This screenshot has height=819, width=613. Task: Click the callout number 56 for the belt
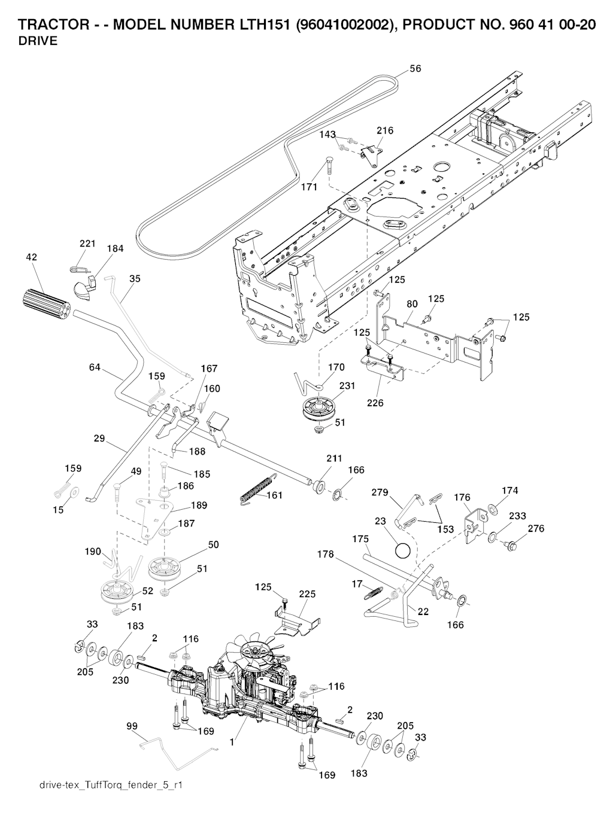pos(415,69)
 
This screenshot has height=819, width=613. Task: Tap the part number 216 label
pos(385,130)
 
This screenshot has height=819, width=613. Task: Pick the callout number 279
pos(380,493)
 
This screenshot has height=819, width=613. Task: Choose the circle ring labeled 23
pos(404,549)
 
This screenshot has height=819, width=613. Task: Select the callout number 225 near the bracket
pos(306,594)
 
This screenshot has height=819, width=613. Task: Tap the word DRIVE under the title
pos(38,41)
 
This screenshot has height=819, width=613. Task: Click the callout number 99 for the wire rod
pos(132,726)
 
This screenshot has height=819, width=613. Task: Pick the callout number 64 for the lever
pos(95,367)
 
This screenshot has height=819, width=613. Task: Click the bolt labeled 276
pos(511,546)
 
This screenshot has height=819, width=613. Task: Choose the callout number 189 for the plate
pos(199,506)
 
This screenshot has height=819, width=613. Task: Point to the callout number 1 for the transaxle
pos(232,742)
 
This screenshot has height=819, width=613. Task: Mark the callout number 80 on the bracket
pos(412,304)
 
